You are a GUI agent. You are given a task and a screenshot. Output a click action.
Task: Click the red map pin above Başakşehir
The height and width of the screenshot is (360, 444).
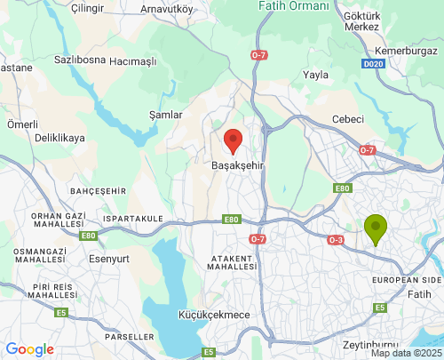coord(233,140)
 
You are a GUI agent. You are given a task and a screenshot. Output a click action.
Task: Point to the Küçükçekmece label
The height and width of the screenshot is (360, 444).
coord(190,316)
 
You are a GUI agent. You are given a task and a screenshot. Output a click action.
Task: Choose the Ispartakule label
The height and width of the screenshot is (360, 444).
coord(133,219)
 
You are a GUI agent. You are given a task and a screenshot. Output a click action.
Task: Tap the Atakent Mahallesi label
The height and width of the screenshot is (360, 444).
coord(233,262)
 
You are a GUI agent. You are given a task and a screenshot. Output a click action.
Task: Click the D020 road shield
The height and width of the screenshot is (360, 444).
coord(374,65)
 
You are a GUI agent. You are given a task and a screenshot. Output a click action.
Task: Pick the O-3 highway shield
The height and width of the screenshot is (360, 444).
coord(336,240)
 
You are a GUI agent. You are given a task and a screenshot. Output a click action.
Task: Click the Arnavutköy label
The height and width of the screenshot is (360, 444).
coord(167,9)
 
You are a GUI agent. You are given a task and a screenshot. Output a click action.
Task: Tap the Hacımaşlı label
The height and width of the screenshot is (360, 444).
coord(132,62)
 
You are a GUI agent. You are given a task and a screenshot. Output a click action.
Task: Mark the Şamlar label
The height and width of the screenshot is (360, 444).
coord(165,116)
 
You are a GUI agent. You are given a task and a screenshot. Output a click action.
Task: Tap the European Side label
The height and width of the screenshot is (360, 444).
coord(407,280)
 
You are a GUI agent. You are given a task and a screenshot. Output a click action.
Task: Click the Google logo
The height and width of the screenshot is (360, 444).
coord(29,349)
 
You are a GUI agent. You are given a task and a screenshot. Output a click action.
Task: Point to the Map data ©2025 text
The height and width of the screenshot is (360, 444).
coord(405,353)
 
